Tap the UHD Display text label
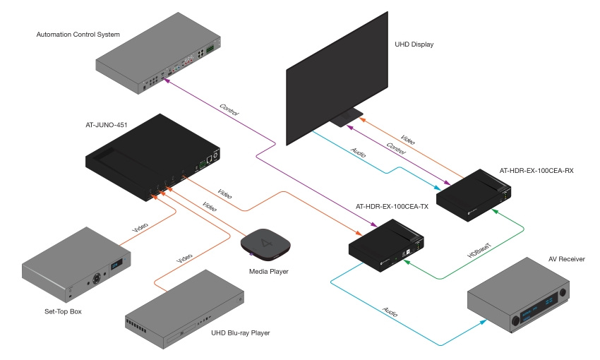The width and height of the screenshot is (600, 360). pos(414,44)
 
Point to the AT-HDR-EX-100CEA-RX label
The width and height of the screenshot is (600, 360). pos(536,170)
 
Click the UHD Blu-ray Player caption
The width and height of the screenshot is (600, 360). pos(241,332)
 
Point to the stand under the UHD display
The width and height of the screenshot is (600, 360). pos(347,118)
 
